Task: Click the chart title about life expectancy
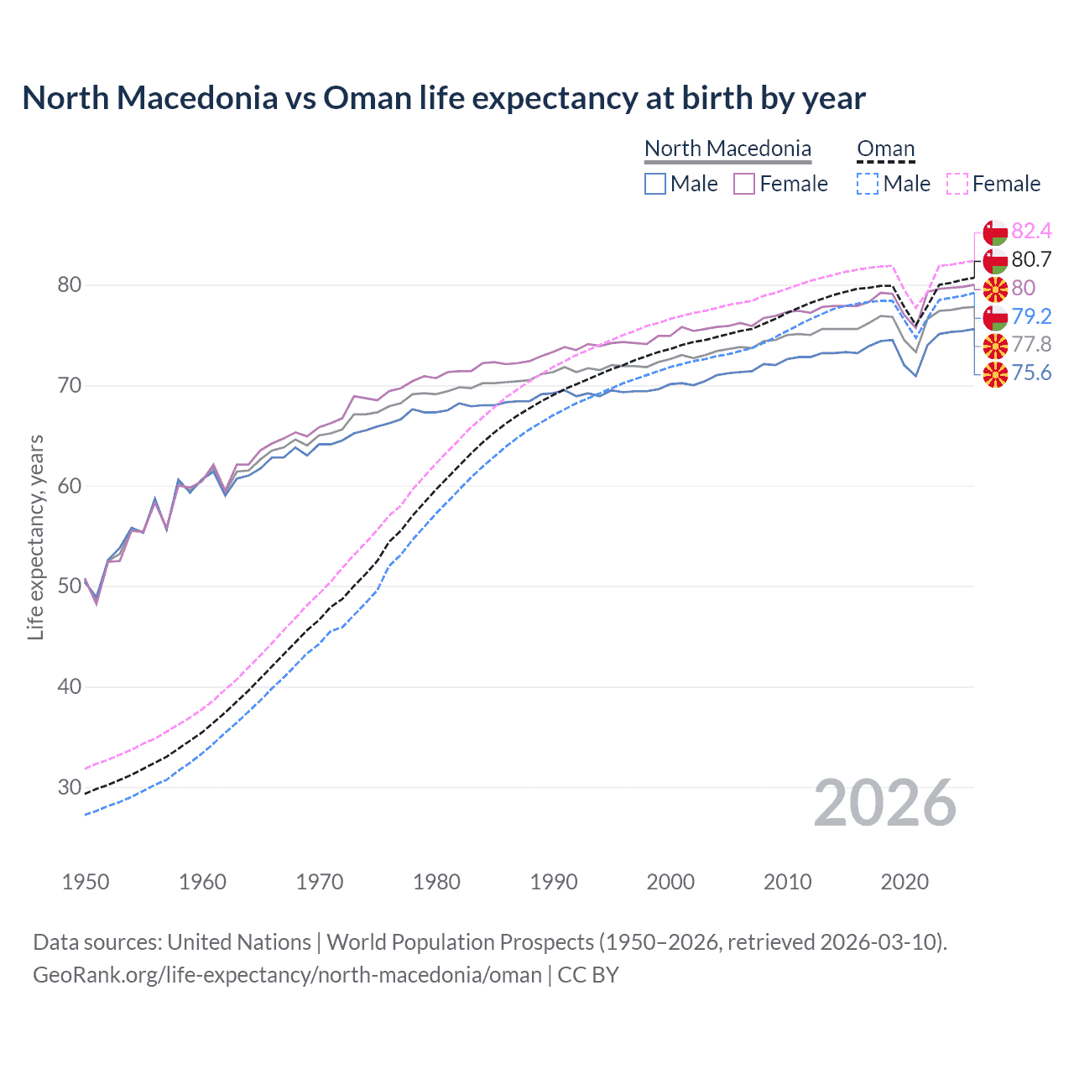point(443,98)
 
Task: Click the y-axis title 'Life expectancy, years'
point(35,537)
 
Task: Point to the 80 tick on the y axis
point(70,285)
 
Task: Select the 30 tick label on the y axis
point(70,787)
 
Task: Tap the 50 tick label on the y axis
point(70,587)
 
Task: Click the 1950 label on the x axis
point(86,882)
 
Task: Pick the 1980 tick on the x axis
point(436,882)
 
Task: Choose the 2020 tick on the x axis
point(904,882)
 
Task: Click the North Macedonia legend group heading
point(727,149)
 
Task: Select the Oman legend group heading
point(885,149)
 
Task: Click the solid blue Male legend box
point(655,184)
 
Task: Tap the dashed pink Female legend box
point(957,184)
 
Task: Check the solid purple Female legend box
point(744,184)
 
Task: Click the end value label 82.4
point(1031,232)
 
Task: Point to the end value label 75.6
point(1031,373)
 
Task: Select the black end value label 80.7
point(1031,260)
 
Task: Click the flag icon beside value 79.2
point(995,317)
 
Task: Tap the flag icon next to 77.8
point(995,345)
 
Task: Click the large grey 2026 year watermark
point(885,804)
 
